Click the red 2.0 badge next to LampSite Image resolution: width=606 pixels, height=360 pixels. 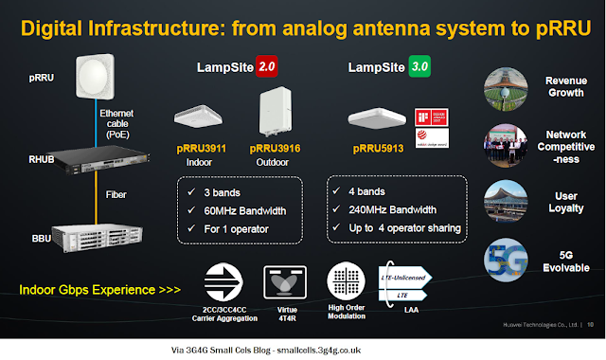tap(272, 69)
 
